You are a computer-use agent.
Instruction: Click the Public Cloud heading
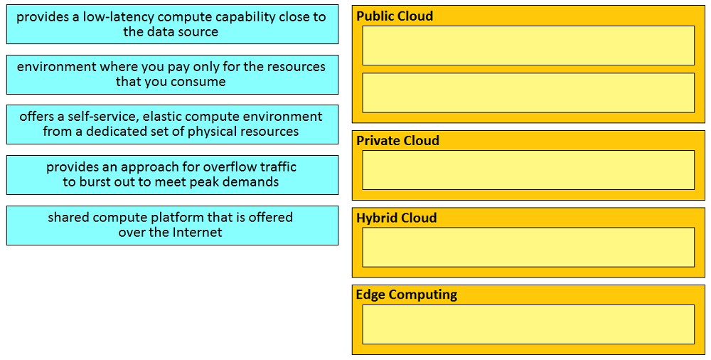(395, 16)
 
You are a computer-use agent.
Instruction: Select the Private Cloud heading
(397, 141)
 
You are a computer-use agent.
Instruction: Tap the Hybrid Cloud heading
(396, 218)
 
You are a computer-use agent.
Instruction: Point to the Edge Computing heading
(406, 295)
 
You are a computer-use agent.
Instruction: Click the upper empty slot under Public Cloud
(528, 46)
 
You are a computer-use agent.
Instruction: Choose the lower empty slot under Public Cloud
(528, 92)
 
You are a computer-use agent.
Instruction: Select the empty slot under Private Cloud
(528, 170)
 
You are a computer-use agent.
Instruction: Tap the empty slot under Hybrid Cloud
(528, 247)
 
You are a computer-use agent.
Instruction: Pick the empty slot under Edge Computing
(528, 324)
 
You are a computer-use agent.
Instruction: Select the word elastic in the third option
(163, 117)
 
